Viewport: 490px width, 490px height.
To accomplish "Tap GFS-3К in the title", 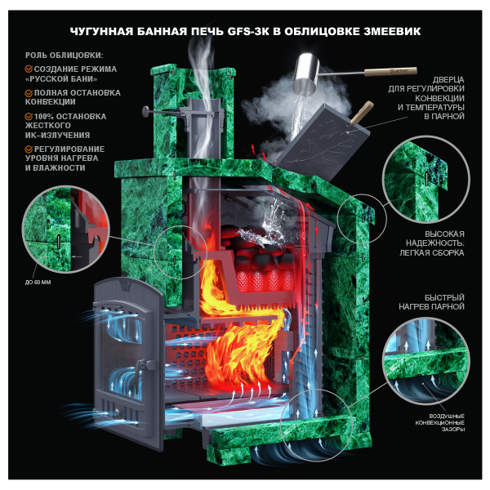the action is (249, 32).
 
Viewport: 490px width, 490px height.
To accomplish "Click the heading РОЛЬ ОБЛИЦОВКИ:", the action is (64, 56).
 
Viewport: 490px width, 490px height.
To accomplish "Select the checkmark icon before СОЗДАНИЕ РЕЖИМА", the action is (29, 69).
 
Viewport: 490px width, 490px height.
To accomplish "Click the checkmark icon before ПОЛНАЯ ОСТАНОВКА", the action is (29, 93).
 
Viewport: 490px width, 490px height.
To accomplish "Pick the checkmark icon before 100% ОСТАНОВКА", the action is (29, 117).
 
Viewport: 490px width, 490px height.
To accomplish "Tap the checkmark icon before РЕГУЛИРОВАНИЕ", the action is (29, 149).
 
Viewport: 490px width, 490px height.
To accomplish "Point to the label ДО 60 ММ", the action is (38, 283).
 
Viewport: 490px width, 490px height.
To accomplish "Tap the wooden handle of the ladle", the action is (390, 72).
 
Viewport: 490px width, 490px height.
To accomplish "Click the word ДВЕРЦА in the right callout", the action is (448, 80).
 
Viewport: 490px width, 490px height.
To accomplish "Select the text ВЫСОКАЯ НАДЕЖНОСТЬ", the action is (435, 238).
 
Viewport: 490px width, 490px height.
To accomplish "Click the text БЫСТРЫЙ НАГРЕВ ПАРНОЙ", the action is (431, 302).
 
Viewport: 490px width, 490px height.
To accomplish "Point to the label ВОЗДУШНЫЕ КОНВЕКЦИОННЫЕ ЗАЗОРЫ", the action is (440, 422).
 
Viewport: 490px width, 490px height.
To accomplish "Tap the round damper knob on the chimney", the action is (145, 111).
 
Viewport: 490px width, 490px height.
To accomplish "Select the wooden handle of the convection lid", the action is (363, 112).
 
